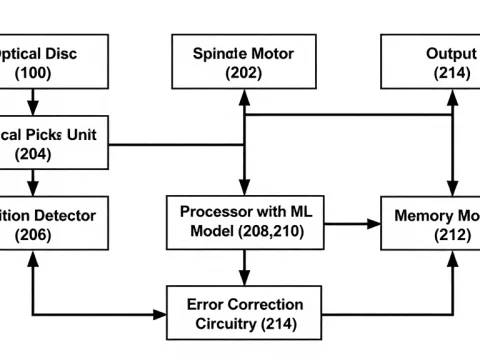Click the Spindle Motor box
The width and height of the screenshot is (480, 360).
(243, 63)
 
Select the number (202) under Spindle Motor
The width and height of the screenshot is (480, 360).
(243, 73)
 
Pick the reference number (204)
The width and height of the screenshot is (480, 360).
(34, 154)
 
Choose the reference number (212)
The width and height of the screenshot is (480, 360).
(445, 234)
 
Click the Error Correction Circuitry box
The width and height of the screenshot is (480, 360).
(243, 313)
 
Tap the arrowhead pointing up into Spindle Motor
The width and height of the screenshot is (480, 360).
(243, 96)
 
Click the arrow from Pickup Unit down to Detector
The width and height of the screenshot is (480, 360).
(34, 181)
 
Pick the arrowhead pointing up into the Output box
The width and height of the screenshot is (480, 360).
(452, 96)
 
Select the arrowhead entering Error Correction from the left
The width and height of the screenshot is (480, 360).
(160, 314)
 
